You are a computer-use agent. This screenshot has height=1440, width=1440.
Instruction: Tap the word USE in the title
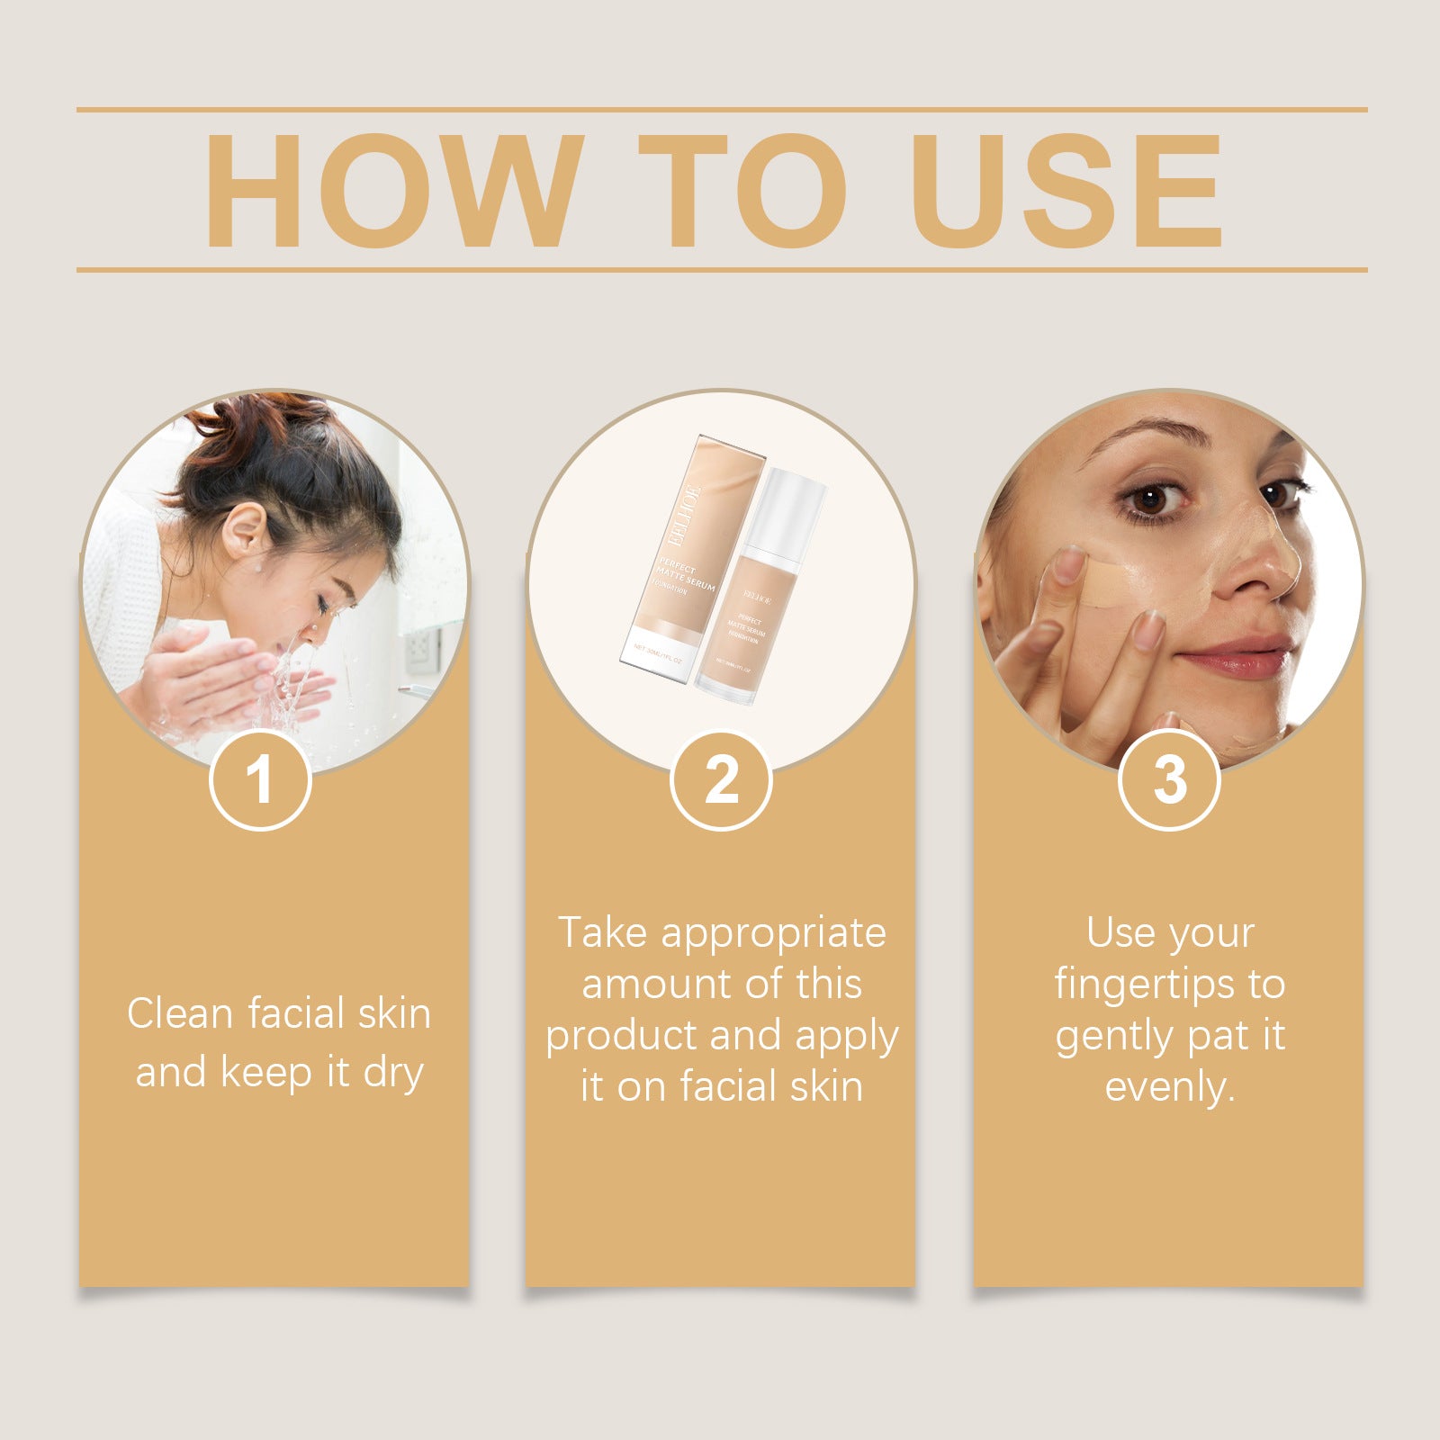click(x=1068, y=191)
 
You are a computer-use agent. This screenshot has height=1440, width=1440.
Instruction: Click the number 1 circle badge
click(x=260, y=779)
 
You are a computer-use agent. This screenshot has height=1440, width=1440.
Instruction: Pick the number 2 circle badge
click(x=721, y=779)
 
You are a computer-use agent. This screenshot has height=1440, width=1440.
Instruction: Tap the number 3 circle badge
click(x=1169, y=779)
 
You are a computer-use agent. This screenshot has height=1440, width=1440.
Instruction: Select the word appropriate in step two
click(x=773, y=933)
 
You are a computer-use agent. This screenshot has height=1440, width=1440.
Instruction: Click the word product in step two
click(x=621, y=1037)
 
